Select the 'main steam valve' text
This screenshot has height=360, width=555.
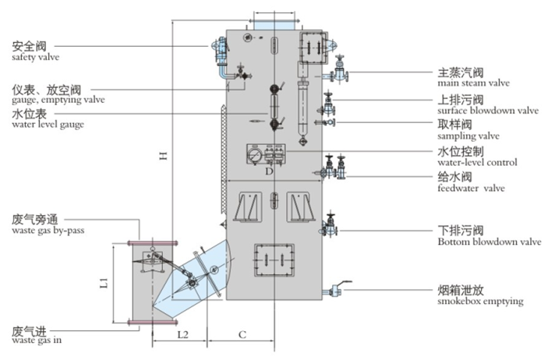tap(473, 82)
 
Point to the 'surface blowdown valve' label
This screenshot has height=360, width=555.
tap(488, 110)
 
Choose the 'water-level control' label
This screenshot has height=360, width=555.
tap(478, 162)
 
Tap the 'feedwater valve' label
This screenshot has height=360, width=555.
tap(471, 188)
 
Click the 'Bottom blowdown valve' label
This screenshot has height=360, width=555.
tap(489, 242)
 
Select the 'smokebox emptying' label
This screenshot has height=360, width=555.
tap(479, 301)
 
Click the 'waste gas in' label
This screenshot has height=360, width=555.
tap(36, 340)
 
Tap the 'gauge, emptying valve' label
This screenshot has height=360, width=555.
tap(58, 100)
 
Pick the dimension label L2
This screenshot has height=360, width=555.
tap(182, 335)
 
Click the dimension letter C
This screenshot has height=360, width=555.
tap(242, 335)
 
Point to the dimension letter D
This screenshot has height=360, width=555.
tap(268, 169)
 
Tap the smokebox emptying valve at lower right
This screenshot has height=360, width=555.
tap(337, 291)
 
